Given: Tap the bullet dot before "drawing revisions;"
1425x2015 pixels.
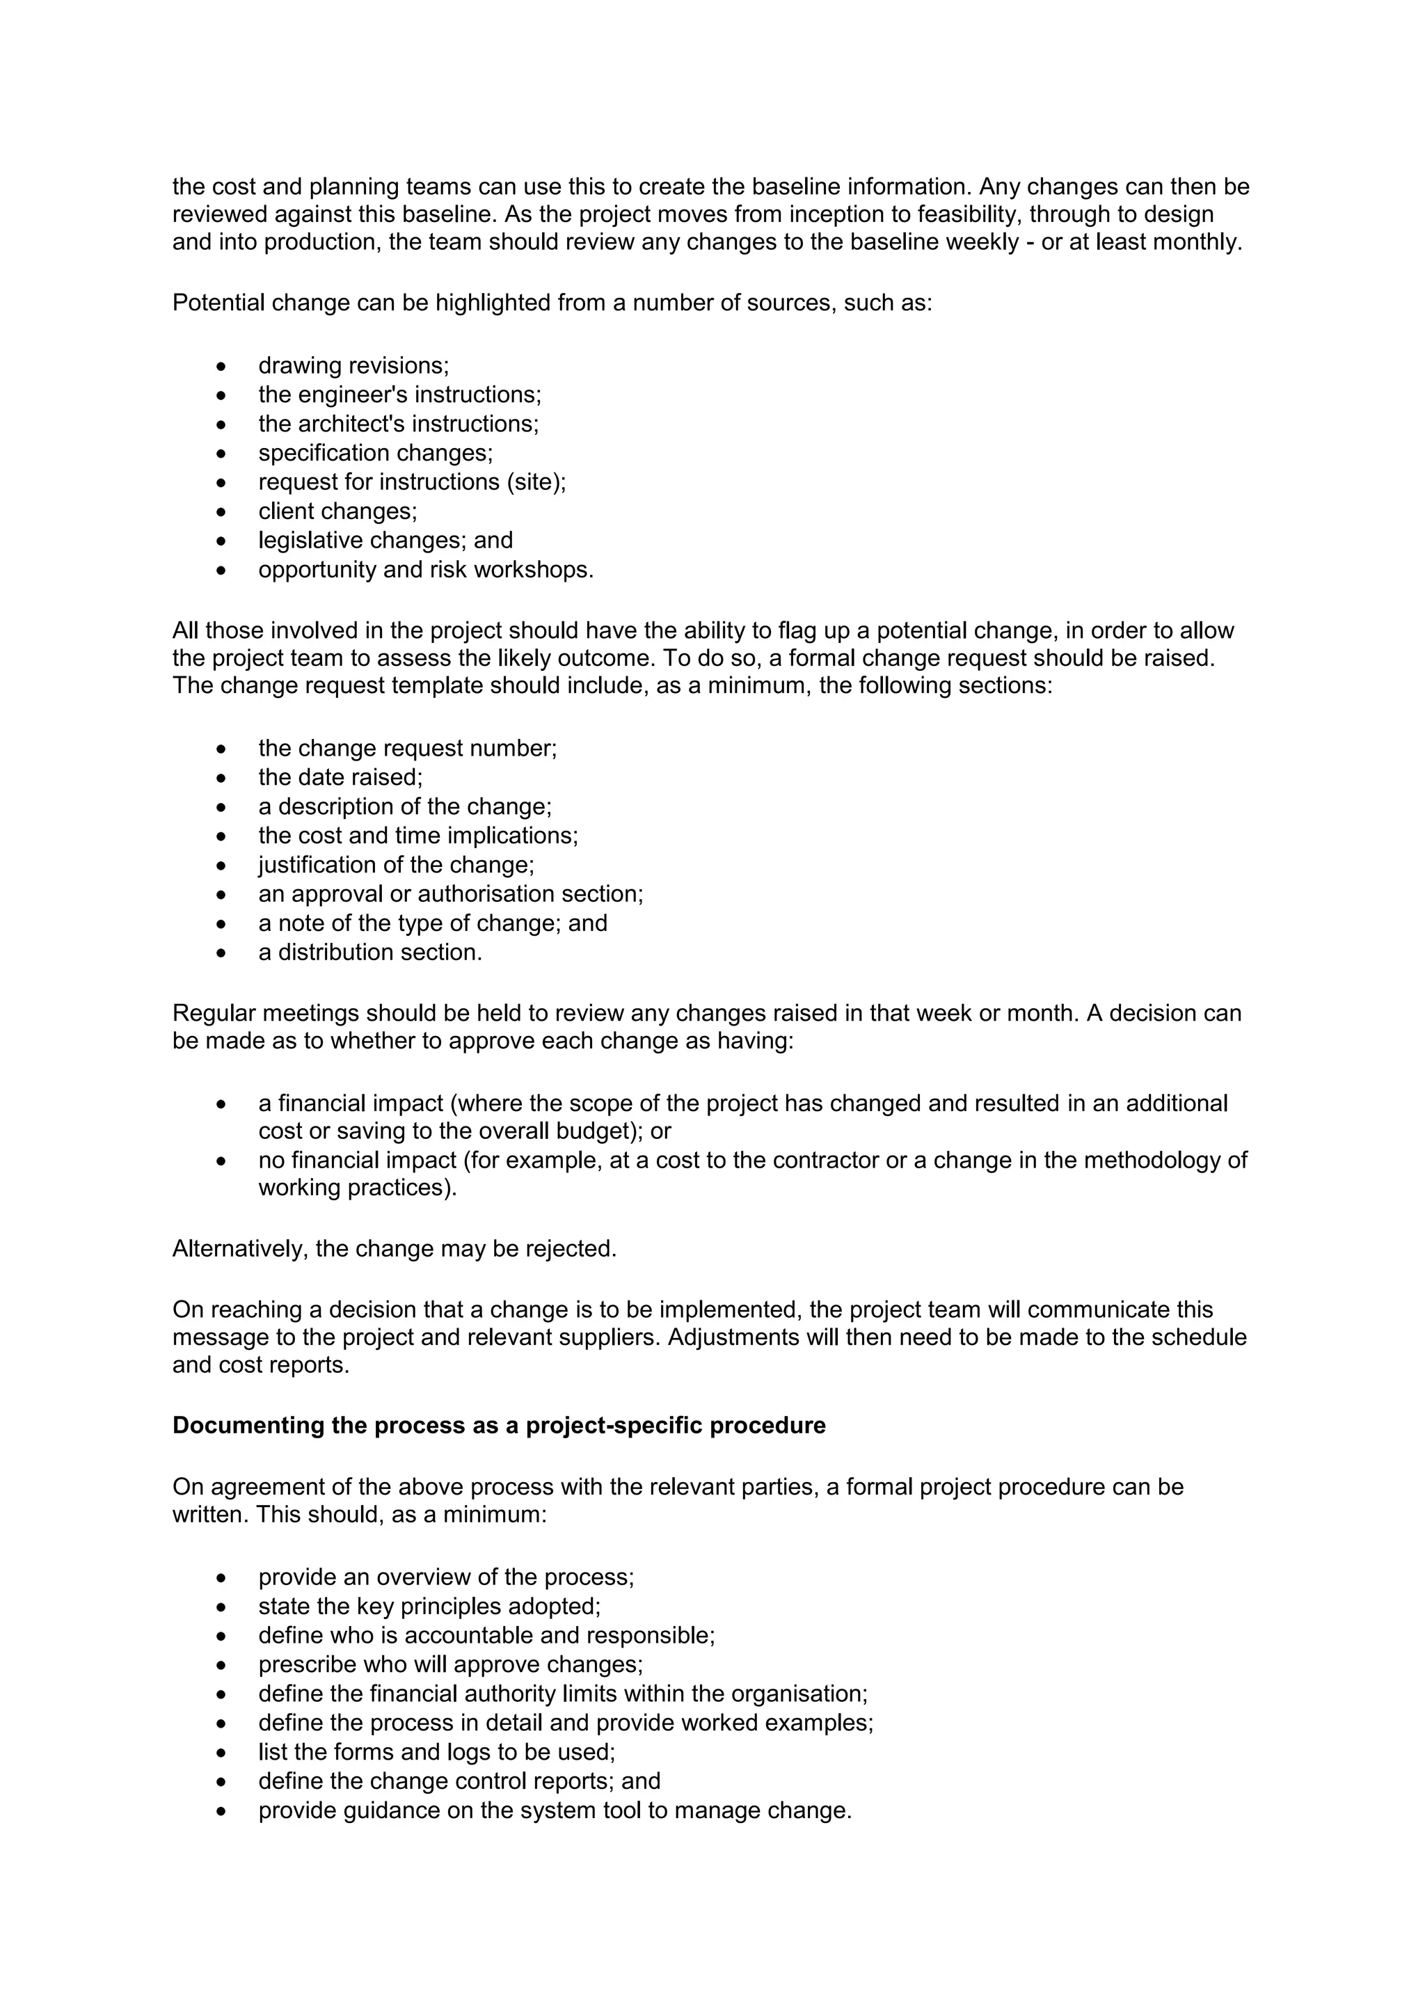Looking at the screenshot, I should tap(221, 367).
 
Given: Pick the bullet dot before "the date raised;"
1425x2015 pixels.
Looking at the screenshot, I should tap(221, 779).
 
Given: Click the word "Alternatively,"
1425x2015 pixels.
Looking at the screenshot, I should tap(239, 1249).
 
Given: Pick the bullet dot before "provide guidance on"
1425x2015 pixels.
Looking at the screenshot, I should tap(221, 1811).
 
